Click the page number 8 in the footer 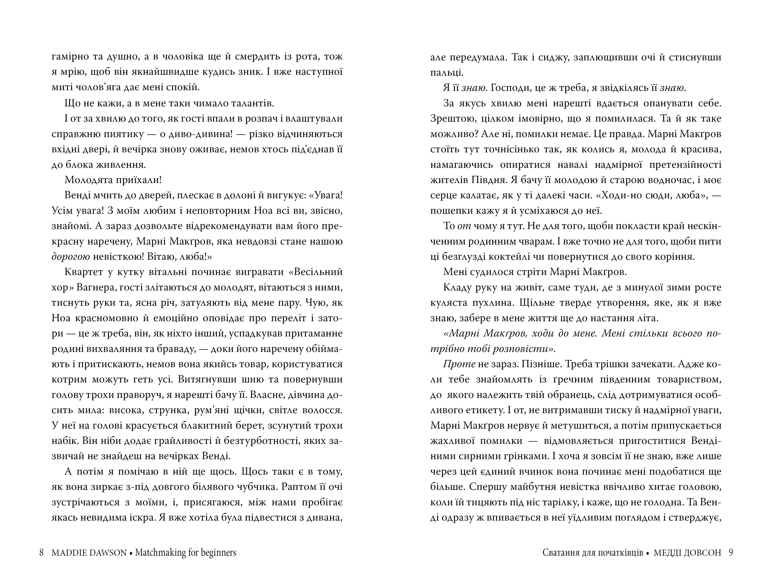point(42,552)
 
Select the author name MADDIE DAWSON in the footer point(89,552)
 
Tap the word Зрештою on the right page point(451,119)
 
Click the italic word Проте point(459,364)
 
